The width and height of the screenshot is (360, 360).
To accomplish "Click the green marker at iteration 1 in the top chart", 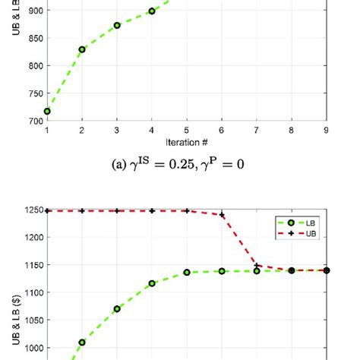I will tap(47, 111).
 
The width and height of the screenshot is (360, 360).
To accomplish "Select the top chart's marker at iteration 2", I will tap(82, 49).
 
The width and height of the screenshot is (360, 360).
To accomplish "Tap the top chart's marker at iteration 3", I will tap(117, 25).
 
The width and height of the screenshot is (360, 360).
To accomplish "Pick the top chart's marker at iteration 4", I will tap(152, 11).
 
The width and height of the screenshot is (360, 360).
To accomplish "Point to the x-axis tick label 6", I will tap(222, 131).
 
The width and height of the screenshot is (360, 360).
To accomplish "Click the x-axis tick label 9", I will tap(327, 131).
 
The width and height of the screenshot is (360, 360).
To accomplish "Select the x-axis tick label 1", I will tap(47, 131).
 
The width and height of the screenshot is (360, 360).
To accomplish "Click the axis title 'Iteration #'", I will tap(186, 142).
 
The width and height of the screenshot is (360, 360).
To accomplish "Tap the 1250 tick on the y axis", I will tap(33, 210).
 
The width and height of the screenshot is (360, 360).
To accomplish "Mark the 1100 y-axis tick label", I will tap(33, 292).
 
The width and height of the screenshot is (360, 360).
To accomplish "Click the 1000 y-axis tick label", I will tap(33, 349).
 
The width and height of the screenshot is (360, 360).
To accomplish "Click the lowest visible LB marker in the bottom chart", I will tap(82, 343).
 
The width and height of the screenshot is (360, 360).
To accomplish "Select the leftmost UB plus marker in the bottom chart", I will tap(47, 210).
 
